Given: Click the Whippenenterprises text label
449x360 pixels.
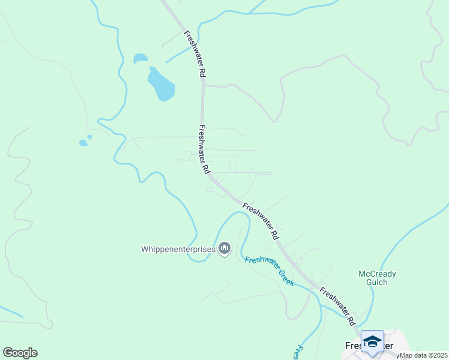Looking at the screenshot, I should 178,248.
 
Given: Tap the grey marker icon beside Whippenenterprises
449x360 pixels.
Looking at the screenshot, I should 225,248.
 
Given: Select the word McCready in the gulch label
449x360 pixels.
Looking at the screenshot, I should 377,274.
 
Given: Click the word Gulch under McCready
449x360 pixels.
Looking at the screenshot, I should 377,283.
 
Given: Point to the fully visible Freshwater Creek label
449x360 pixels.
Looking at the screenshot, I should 269,271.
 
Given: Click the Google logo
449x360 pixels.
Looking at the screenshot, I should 20,353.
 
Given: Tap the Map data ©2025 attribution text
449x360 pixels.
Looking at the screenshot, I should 423,355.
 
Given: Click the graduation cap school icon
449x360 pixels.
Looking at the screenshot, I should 372,341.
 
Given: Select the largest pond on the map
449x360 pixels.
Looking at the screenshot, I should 161,85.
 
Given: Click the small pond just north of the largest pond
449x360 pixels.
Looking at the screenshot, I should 140,58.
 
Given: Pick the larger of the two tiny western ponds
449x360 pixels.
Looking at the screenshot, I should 83,143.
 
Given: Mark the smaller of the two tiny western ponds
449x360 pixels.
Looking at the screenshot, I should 89,137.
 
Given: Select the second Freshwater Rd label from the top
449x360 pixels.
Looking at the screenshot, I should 204,149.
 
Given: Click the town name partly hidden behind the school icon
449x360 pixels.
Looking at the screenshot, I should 357,346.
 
